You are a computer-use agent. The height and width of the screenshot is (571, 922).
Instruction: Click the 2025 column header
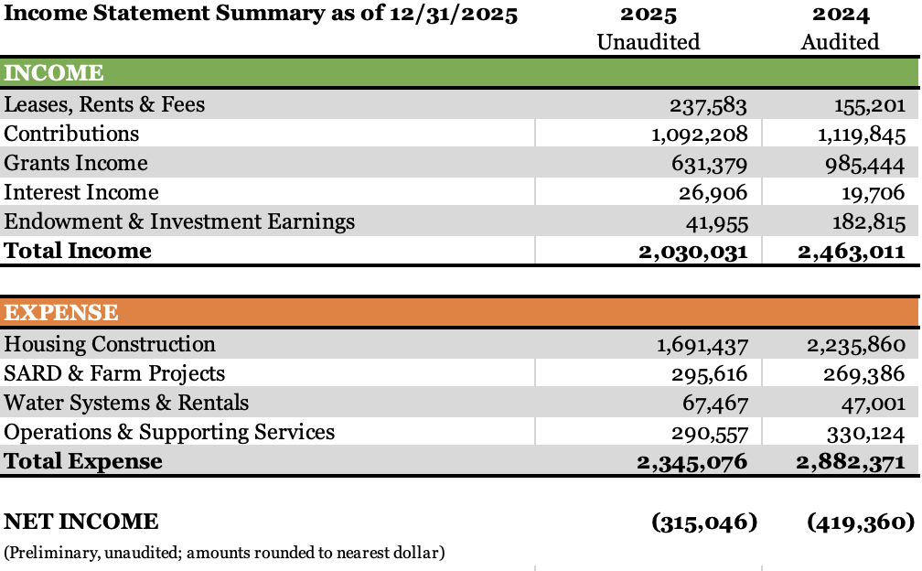pyautogui.click(x=649, y=15)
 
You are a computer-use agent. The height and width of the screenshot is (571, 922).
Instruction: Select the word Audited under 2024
pyautogui.click(x=840, y=42)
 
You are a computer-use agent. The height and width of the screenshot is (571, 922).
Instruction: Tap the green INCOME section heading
pyautogui.click(x=54, y=73)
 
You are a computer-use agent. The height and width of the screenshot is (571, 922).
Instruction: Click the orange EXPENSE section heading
pyautogui.click(x=61, y=313)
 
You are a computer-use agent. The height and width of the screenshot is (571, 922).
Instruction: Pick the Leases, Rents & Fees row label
pyautogui.click(x=104, y=104)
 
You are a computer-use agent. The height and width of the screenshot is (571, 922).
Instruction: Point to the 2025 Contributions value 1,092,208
pyautogui.click(x=699, y=135)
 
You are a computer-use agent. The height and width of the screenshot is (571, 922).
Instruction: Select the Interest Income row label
pyautogui.click(x=81, y=192)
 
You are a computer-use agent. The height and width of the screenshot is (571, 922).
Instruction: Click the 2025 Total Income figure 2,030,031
pyautogui.click(x=692, y=252)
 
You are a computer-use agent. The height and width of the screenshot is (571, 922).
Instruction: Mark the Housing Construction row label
pyautogui.click(x=110, y=344)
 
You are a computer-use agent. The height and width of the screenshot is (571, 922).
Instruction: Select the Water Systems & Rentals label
pyautogui.click(x=126, y=403)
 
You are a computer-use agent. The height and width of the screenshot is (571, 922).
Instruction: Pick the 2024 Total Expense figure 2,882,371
pyautogui.click(x=852, y=462)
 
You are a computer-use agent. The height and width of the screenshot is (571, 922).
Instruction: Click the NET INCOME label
pyautogui.click(x=81, y=522)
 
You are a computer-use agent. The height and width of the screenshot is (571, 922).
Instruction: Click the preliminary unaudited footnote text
pyautogui.click(x=224, y=553)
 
